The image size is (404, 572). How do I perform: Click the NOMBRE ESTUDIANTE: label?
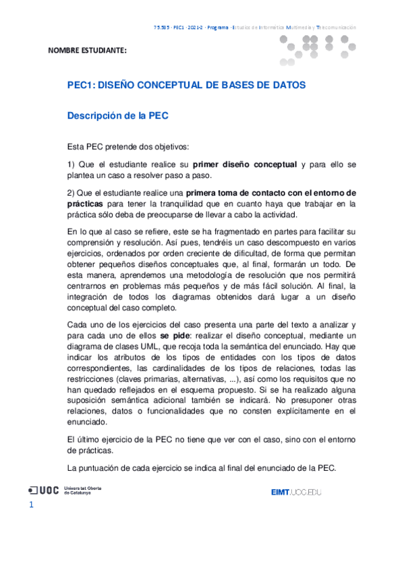coord(87,51)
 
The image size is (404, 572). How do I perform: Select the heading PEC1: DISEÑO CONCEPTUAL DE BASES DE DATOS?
coord(186,86)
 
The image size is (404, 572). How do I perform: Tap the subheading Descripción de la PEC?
coord(117,115)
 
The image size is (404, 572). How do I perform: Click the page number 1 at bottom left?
coord(31,505)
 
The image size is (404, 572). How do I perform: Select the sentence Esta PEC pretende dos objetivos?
coord(128,146)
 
